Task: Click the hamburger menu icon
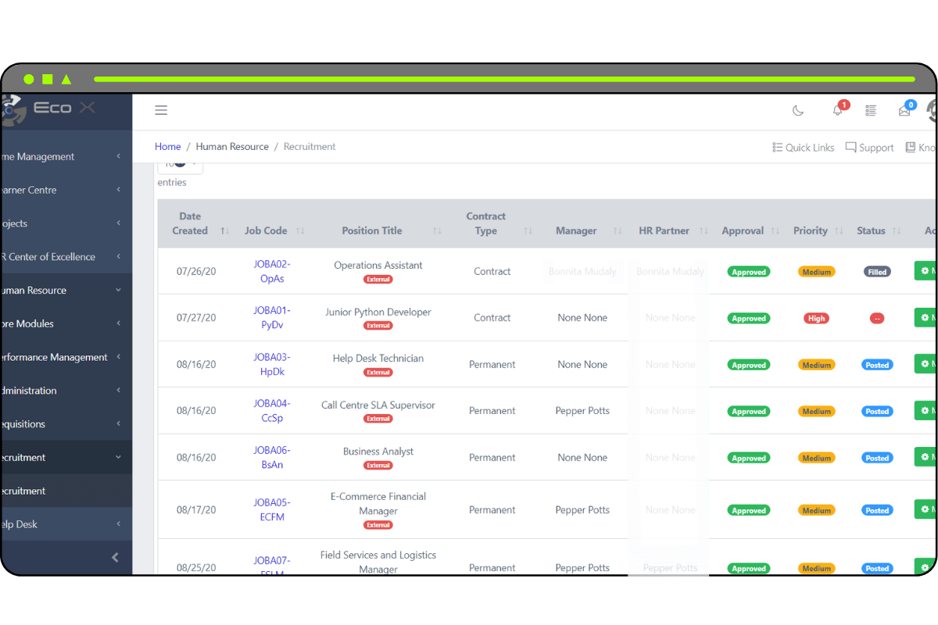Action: coord(161,110)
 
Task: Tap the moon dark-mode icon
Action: coord(798,111)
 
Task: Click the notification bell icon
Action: coord(838,111)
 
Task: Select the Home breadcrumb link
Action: coord(167,147)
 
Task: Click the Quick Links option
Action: coord(804,148)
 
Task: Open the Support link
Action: coord(869,148)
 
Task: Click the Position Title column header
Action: coord(372,230)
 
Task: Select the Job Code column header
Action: coord(266,230)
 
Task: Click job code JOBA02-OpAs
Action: coord(272,271)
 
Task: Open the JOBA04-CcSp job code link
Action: coord(272,411)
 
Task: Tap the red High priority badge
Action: coord(816,319)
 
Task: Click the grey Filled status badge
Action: coord(877,272)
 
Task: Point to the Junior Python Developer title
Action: coord(378,312)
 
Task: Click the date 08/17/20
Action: coord(196,510)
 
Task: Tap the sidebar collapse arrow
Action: coord(115,557)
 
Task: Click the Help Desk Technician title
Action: coord(378,359)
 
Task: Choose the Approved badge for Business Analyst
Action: coord(748,459)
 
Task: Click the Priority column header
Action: coord(811,230)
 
